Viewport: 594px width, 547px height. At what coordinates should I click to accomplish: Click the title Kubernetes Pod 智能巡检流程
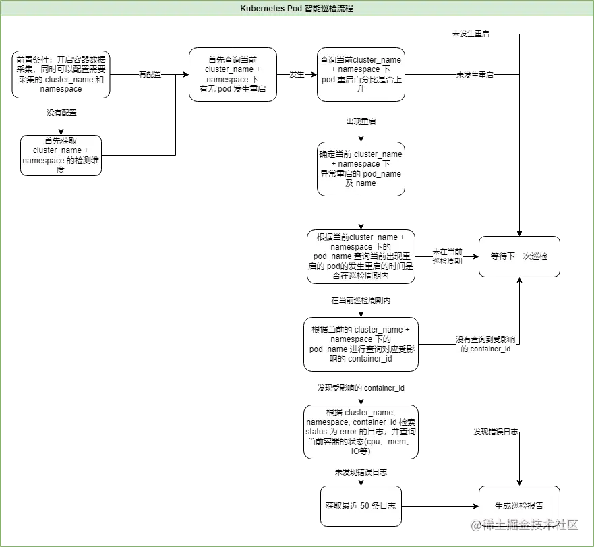pos(297,9)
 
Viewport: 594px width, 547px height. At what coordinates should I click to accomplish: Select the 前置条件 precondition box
pos(61,74)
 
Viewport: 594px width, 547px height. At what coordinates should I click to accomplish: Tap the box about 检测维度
pos(61,156)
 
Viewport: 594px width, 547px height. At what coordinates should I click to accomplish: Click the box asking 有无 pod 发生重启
pos(233,74)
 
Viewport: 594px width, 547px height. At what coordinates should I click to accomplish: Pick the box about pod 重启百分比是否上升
pos(361,74)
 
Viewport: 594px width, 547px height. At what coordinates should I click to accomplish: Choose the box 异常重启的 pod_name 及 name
pos(361,169)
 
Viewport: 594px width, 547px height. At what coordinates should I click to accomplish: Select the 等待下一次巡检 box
pos(519,256)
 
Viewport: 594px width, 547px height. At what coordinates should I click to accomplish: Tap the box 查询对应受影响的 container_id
pos(361,345)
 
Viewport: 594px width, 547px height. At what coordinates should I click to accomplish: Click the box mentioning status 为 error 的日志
pos(361,432)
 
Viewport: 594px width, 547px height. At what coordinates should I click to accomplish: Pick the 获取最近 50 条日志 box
pos(361,506)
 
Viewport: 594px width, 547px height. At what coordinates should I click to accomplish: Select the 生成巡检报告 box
pos(519,506)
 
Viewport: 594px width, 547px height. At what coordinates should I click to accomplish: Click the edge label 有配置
pos(149,75)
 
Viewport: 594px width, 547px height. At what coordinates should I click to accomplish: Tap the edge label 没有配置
pos(61,113)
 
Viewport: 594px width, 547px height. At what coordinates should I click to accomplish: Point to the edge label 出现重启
pos(361,122)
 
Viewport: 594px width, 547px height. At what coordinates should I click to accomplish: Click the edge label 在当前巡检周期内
pos(361,300)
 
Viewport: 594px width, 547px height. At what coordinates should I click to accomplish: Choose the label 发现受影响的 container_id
pos(361,388)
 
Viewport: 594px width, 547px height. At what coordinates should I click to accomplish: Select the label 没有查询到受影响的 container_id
pos(485,344)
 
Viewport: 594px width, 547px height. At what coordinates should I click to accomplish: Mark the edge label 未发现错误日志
pos(361,472)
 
